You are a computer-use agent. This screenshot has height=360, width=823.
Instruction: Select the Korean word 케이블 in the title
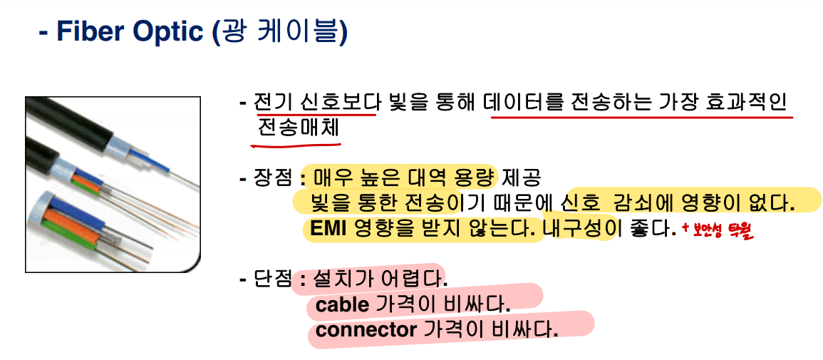300,32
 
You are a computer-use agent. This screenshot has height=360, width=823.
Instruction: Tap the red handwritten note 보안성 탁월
717,230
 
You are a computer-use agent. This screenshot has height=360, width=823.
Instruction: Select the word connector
366,331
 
